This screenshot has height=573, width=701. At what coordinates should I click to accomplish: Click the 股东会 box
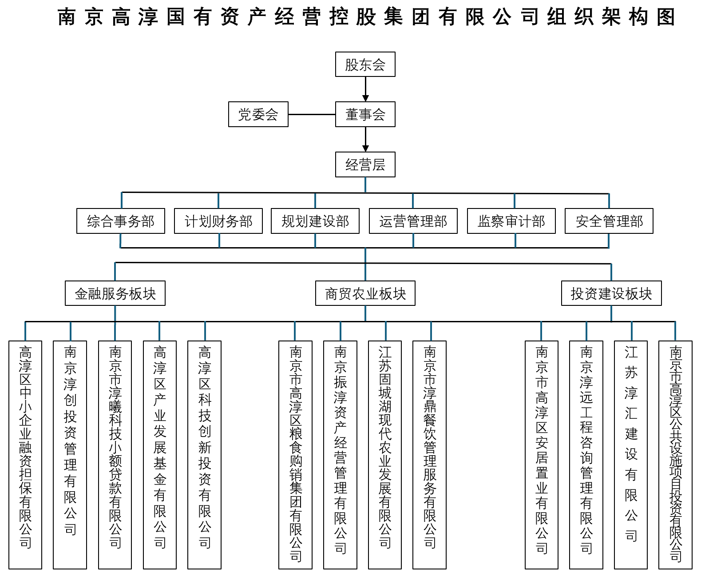(x=365, y=64)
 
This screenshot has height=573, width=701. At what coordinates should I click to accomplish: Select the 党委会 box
(x=258, y=114)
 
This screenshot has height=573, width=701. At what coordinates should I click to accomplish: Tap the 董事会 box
(x=365, y=114)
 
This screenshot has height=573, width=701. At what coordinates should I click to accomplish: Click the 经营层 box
(x=365, y=165)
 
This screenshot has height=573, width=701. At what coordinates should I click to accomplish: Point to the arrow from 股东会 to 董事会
(x=365, y=89)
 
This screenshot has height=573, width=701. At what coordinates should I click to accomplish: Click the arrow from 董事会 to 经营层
(x=365, y=139)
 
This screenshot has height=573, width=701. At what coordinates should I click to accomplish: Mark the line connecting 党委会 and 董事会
(x=312, y=114)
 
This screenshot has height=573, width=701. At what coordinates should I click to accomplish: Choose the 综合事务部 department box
(x=120, y=221)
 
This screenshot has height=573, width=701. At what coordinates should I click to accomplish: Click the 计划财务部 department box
(x=218, y=221)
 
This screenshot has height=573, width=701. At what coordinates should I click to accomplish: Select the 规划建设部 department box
(x=315, y=221)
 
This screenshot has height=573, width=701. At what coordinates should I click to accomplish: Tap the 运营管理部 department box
(x=413, y=221)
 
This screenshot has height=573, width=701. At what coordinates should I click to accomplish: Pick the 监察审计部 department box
(x=511, y=221)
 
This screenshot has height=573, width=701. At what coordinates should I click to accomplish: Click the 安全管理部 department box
(x=609, y=221)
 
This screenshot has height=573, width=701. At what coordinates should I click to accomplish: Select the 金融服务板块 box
(x=115, y=293)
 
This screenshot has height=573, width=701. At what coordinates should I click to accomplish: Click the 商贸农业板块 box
(x=365, y=293)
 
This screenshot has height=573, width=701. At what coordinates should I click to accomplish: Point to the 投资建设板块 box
(x=611, y=293)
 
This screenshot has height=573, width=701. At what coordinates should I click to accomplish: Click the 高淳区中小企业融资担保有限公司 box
(x=25, y=454)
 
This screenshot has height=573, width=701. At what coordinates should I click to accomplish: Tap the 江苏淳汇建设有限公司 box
(x=630, y=454)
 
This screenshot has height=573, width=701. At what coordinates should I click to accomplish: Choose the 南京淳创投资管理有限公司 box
(x=70, y=454)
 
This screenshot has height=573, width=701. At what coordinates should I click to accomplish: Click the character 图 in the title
(x=665, y=17)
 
